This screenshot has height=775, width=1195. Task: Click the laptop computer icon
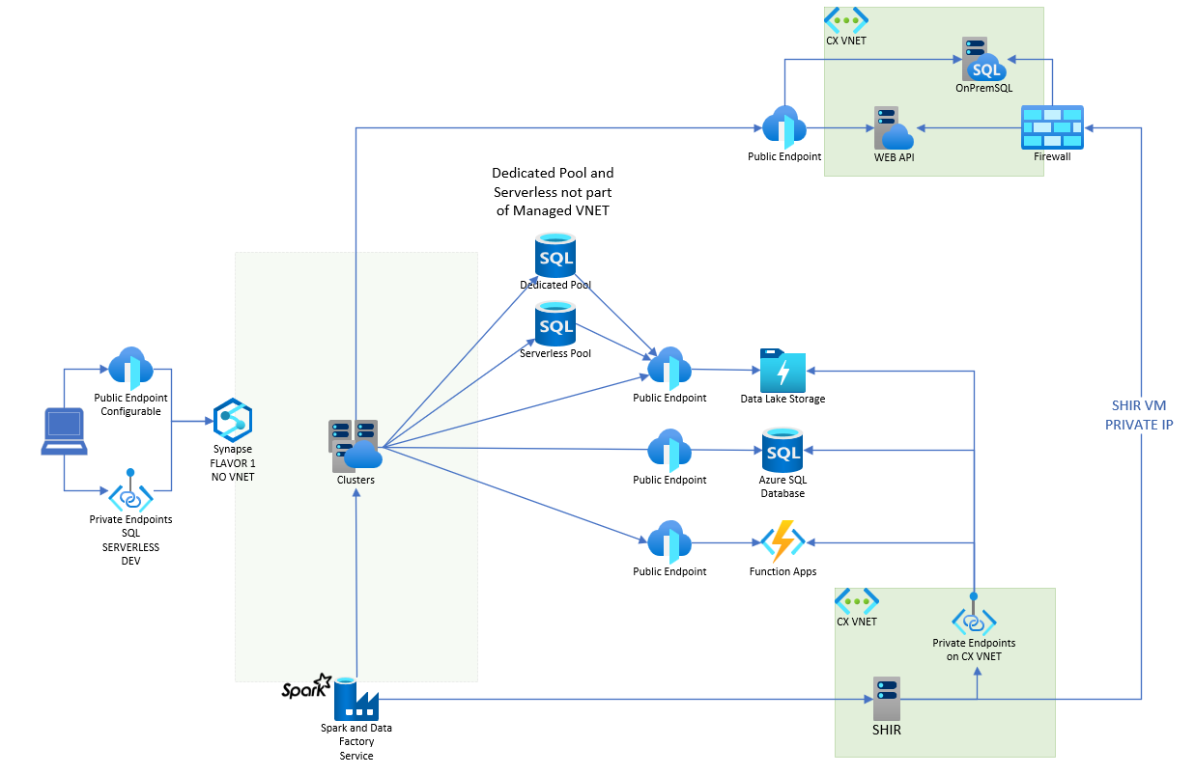click(x=64, y=430)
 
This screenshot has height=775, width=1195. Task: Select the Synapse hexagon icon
click(x=233, y=419)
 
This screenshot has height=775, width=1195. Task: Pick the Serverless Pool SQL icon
click(x=555, y=323)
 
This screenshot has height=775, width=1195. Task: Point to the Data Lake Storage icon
click(x=782, y=369)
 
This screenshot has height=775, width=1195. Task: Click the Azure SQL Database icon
click(x=782, y=450)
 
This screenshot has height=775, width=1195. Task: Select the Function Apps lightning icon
click(x=782, y=541)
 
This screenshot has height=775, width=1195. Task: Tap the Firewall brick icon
click(x=1052, y=127)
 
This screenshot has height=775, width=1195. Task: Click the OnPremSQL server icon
click(x=982, y=60)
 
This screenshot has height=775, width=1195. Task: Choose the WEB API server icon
click(x=893, y=128)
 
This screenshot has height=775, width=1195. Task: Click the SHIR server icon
click(x=886, y=699)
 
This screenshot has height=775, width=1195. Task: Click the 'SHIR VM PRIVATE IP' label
click(x=1139, y=415)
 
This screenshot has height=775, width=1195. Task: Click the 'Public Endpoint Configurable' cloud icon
click(x=130, y=368)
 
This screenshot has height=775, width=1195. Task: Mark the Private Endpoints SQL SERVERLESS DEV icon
click(x=130, y=494)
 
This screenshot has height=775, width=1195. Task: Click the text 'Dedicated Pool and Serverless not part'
click(x=553, y=182)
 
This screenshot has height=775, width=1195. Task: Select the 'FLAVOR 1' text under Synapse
click(x=233, y=463)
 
